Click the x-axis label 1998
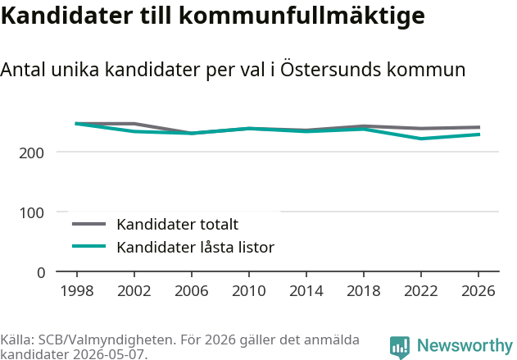pos(77,291)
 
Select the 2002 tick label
pos(134,291)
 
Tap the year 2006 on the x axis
pos(192,291)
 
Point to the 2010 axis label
pos(249,291)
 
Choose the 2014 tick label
pos(306,291)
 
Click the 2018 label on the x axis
pos(364,291)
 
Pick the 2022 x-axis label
pos(421,291)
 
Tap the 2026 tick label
pos(478,291)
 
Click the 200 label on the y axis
pos(32,153)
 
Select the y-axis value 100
pos(32,213)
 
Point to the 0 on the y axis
pos(41,273)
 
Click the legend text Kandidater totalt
pos(178,225)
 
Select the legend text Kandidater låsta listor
pos(196,247)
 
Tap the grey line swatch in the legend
pos(89,224)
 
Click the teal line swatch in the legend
pos(89,246)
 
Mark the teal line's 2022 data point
pos(421,139)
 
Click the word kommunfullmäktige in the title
pos(302,16)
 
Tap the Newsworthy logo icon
pos(400,347)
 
